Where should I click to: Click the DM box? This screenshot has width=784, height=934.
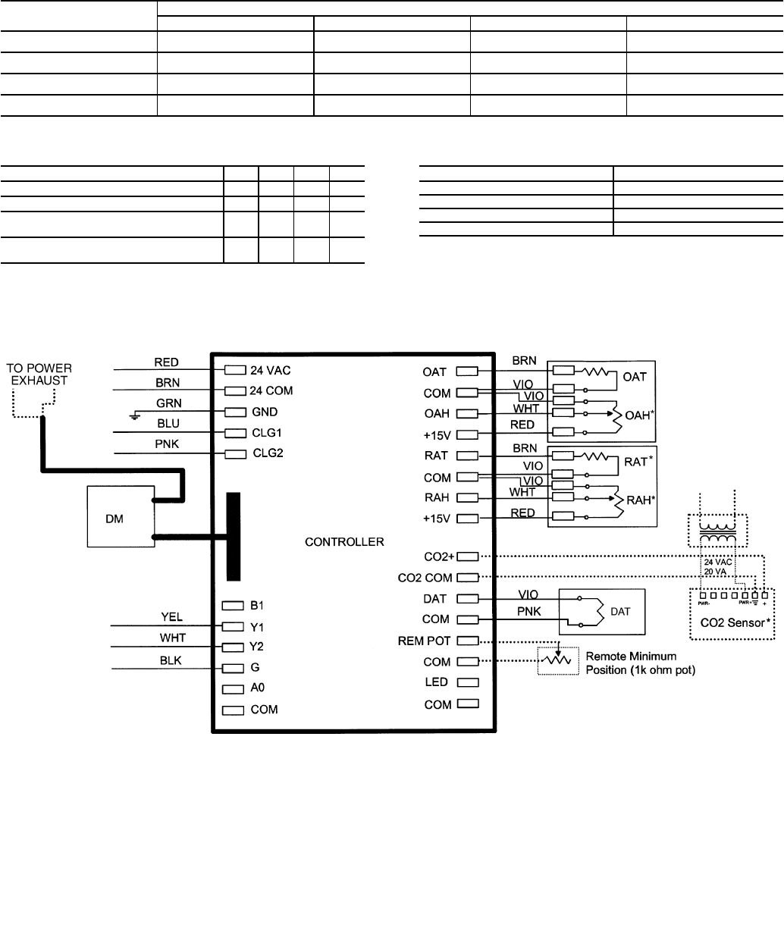[120, 515]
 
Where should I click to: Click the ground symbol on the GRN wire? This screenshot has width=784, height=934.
[134, 415]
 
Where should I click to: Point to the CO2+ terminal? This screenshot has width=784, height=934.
[468, 556]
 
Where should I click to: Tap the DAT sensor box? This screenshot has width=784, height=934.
[601, 611]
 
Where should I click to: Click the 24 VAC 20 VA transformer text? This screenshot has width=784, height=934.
[714, 568]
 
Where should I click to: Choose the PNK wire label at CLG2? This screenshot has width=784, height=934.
[166, 445]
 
